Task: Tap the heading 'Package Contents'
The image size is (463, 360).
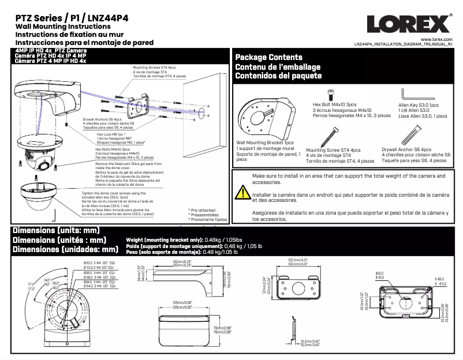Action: click(x=268, y=57)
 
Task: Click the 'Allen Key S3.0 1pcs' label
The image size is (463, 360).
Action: click(x=419, y=106)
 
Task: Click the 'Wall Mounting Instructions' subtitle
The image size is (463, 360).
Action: click(x=58, y=27)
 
